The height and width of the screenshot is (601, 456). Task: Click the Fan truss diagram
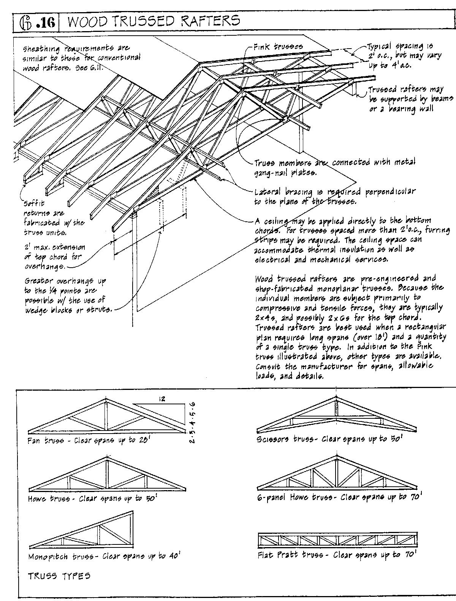(106, 418)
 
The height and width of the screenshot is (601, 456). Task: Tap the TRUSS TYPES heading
(59, 576)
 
